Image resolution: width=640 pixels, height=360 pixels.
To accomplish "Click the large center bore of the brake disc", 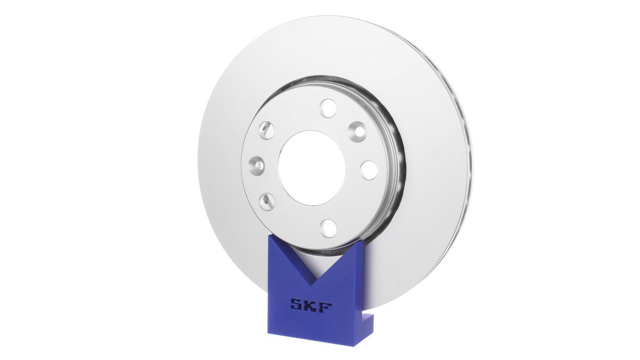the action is [x=312, y=168].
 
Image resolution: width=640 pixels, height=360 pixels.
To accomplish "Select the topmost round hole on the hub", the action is [x=328, y=108].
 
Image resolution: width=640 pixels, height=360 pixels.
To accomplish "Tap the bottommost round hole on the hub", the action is [x=328, y=228].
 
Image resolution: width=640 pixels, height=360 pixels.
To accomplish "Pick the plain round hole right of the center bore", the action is [x=368, y=170].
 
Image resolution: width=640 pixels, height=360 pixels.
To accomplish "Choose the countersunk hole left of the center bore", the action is [x=256, y=166].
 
